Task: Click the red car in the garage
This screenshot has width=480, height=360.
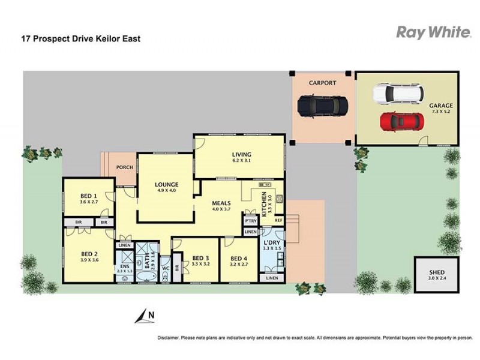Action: [x=402, y=122]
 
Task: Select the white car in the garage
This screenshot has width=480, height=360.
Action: [x=398, y=94]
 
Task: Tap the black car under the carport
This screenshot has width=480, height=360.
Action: [x=323, y=106]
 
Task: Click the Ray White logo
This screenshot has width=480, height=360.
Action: [x=433, y=32]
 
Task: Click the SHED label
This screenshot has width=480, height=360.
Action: [x=437, y=272]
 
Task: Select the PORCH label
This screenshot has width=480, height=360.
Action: [x=125, y=167]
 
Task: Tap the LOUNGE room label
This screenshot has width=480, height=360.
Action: [x=166, y=185]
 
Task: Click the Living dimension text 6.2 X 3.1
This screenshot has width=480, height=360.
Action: [x=242, y=160]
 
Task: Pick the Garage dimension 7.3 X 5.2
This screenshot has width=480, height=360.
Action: [x=440, y=112]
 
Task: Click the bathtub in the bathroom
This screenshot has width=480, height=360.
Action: [x=146, y=277]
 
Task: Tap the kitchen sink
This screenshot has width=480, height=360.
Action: [x=265, y=185]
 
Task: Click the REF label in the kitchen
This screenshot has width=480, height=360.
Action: [x=278, y=220]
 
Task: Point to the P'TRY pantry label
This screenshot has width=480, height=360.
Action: [x=251, y=221]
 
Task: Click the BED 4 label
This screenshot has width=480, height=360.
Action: [x=239, y=259]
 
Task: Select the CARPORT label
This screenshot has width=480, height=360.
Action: [x=322, y=83]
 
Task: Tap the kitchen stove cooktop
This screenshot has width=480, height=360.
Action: [x=279, y=199]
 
